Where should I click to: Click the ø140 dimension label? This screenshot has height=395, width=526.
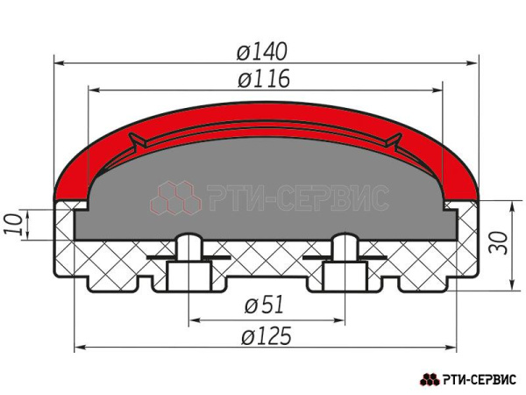[x=262, y=52]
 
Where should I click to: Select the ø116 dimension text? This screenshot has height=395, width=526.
[x=264, y=79]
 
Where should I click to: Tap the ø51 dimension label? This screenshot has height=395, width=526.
[x=265, y=305]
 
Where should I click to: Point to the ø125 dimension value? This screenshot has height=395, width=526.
[x=267, y=336]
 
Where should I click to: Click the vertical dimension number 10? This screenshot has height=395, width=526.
[x=13, y=225]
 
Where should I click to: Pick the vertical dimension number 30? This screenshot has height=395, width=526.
[x=498, y=242]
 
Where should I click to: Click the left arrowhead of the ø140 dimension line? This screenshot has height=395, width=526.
[x=59, y=63]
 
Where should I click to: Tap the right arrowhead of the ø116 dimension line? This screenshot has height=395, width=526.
[x=437, y=90]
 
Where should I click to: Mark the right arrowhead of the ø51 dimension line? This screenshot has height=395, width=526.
[x=339, y=320]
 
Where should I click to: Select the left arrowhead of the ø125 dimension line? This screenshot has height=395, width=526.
[x=79, y=348]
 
